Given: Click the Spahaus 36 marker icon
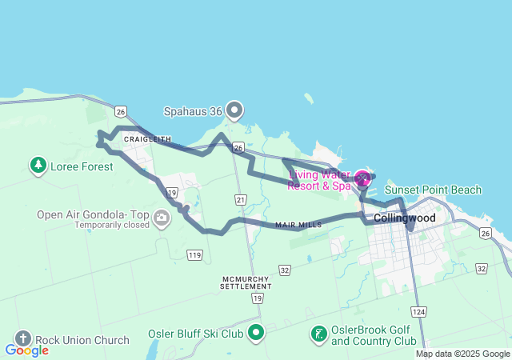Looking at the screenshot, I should tap(234, 109).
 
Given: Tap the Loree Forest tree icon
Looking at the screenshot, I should tap(37, 166).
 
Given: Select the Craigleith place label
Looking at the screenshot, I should tap(147, 139).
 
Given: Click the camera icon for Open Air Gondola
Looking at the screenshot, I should tap(162, 217).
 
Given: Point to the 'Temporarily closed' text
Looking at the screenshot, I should tap(112, 226).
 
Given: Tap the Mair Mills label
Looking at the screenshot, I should tap(298, 226).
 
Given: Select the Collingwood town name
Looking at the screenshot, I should tap(405, 218).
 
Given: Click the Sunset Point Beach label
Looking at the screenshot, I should tap(433, 190).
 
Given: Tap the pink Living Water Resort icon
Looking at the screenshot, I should tap(362, 178).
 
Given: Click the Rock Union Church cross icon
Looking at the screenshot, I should tap(22, 339).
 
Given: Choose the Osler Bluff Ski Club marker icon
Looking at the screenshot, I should tap(256, 332).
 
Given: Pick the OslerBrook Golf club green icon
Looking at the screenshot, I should tap(318, 333).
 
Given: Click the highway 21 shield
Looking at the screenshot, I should tap(240, 198).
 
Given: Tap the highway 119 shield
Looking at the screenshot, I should tap(193, 255).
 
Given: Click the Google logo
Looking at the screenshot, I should tap(26, 350).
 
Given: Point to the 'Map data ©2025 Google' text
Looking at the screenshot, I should tap(462, 354).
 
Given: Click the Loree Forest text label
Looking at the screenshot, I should tap(81, 166).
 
